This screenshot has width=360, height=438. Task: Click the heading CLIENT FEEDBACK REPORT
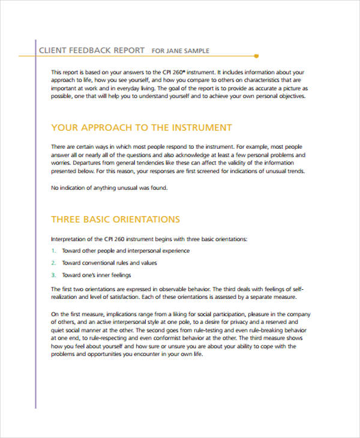[91, 50]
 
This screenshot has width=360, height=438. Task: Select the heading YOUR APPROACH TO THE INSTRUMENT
[142, 128]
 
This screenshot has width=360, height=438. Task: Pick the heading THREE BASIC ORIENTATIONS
[115, 219]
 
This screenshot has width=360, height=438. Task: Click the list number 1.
[53, 251]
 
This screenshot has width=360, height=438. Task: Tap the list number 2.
[53, 263]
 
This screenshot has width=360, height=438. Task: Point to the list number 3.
[53, 275]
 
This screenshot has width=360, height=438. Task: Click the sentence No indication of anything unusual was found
[109, 188]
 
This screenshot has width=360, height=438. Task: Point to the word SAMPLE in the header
[197, 51]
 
